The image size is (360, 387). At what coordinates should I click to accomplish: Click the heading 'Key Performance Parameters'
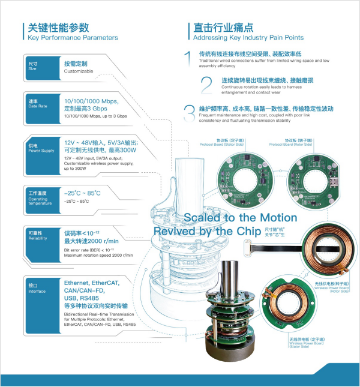[73, 38]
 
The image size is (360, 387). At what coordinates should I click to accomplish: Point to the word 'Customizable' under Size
[79, 71]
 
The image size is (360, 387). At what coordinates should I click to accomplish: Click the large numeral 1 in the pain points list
[188, 58]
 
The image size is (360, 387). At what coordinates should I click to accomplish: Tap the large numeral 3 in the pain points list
[189, 112]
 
